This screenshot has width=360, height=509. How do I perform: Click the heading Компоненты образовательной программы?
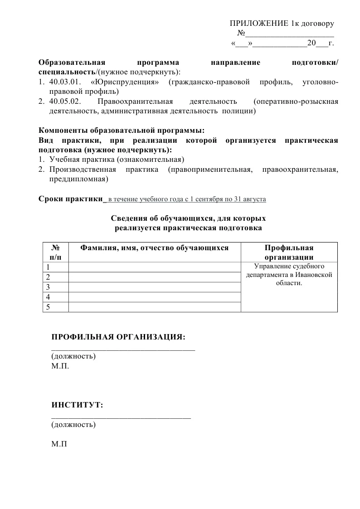click(122, 131)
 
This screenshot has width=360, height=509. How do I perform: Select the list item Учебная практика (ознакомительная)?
click(116, 160)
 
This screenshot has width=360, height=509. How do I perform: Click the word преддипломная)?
click(78, 179)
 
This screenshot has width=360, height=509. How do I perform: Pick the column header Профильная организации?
click(289, 252)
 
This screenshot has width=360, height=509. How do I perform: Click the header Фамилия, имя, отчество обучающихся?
click(154, 247)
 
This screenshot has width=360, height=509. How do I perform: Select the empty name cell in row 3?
click(154, 287)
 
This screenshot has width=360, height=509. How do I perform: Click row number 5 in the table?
click(48, 307)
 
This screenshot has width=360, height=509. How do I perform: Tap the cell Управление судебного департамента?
click(289, 274)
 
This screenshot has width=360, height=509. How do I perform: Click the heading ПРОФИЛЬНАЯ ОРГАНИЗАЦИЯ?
click(119, 337)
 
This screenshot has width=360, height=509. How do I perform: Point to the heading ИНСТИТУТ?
click(78, 405)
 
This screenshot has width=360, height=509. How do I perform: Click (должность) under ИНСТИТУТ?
click(73, 425)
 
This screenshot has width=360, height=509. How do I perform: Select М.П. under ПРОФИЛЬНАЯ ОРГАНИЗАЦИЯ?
click(60, 366)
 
